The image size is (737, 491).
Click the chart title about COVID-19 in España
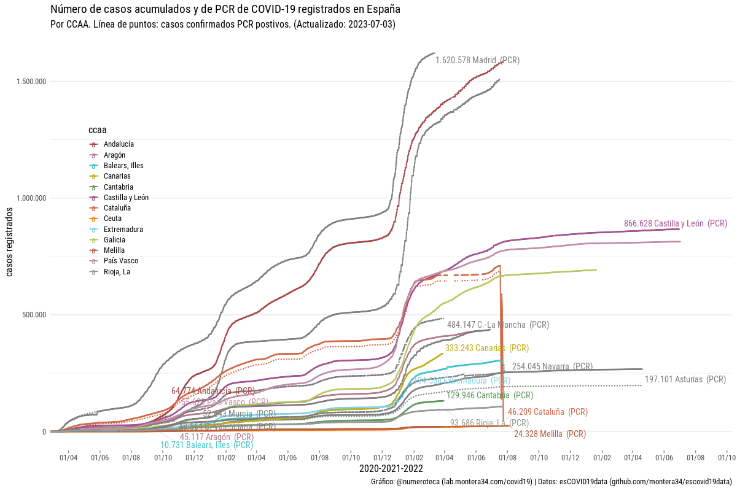tap(225, 9)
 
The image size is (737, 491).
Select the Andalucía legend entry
tap(119, 144)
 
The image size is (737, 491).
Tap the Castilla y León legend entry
tap(126, 198)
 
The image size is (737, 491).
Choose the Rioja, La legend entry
tap(117, 272)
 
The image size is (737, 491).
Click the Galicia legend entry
tap(115, 240)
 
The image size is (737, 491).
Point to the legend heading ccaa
tap(97, 130)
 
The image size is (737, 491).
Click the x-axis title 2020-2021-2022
tap(391, 469)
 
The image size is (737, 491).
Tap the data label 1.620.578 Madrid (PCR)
tap(477, 61)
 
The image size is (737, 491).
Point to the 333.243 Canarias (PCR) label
tap(486, 348)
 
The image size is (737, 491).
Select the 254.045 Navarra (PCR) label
tap(552, 366)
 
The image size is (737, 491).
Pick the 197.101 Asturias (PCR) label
tap(685, 379)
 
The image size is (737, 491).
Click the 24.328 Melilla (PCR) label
tap(550, 434)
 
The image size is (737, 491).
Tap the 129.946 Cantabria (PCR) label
tap(489, 395)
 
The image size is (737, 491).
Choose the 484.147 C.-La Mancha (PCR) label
tap(497, 325)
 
